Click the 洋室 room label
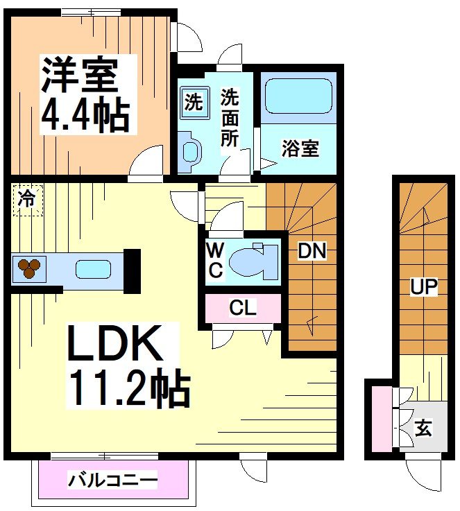pos(79,74)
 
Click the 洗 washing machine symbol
pos(194,103)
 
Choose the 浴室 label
pos(300,148)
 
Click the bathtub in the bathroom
pos(298,97)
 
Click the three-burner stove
pos(29,268)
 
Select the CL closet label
pos(243,309)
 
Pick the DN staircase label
pos(312,252)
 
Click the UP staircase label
pos(423,286)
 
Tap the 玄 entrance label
pos(423,428)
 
